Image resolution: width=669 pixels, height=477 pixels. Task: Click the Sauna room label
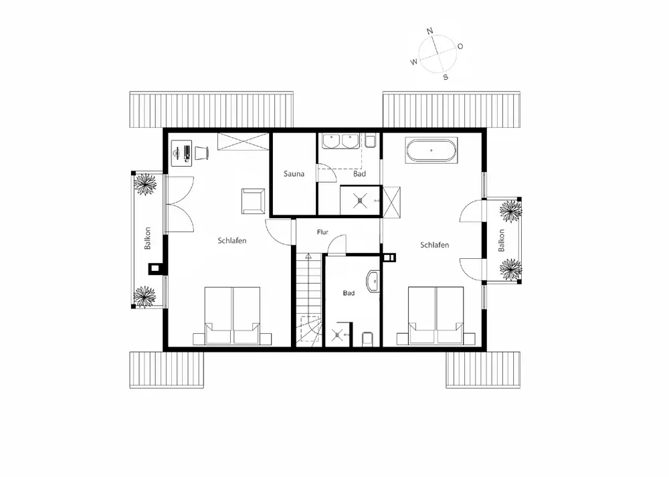(x=294, y=174)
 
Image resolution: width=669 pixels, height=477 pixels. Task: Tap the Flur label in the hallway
(x=322, y=233)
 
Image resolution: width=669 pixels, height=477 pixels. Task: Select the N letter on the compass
(x=430, y=31)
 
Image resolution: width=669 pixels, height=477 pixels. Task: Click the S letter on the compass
(x=445, y=77)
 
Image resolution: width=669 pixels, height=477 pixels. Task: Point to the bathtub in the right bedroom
(x=432, y=151)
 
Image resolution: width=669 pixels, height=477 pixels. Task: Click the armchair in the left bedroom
(x=253, y=199)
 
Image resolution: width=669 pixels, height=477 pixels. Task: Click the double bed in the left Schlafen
(x=232, y=316)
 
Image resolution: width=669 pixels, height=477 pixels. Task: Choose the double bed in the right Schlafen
(x=436, y=316)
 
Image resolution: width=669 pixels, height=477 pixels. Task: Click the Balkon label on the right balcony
(x=500, y=240)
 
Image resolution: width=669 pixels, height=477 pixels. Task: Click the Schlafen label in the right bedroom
(x=434, y=245)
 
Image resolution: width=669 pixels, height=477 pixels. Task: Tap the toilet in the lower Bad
(x=367, y=339)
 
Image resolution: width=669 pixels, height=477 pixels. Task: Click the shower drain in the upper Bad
(x=359, y=199)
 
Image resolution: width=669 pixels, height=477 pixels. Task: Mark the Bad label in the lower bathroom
(x=349, y=293)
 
